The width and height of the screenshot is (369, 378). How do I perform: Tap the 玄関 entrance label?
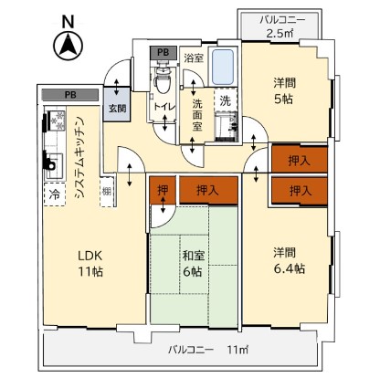click(118, 109)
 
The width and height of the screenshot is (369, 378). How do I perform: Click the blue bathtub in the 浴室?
click(223, 68)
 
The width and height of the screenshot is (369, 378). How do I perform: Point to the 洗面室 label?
click(197, 115)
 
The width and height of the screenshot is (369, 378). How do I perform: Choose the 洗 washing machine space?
click(226, 100)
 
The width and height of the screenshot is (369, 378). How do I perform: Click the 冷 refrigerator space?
click(55, 194)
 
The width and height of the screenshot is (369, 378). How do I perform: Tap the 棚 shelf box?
click(107, 192)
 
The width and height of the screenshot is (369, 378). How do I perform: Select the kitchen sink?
click(54, 166)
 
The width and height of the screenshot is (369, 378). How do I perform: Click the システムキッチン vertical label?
click(79, 157)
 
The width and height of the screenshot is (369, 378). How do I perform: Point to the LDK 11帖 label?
click(90, 264)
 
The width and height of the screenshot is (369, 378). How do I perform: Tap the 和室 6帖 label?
click(193, 264)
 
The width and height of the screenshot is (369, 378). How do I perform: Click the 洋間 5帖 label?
click(284, 91)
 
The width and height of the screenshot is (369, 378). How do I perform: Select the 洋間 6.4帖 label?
click(289, 261)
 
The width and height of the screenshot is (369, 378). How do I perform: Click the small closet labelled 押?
click(163, 190)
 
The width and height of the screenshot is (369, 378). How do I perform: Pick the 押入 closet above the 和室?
click(208, 190)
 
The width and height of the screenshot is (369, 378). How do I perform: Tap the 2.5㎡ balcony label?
click(279, 33)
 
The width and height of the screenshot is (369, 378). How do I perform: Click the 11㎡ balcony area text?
click(237, 350)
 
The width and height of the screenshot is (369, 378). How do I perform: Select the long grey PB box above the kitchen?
click(70, 95)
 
